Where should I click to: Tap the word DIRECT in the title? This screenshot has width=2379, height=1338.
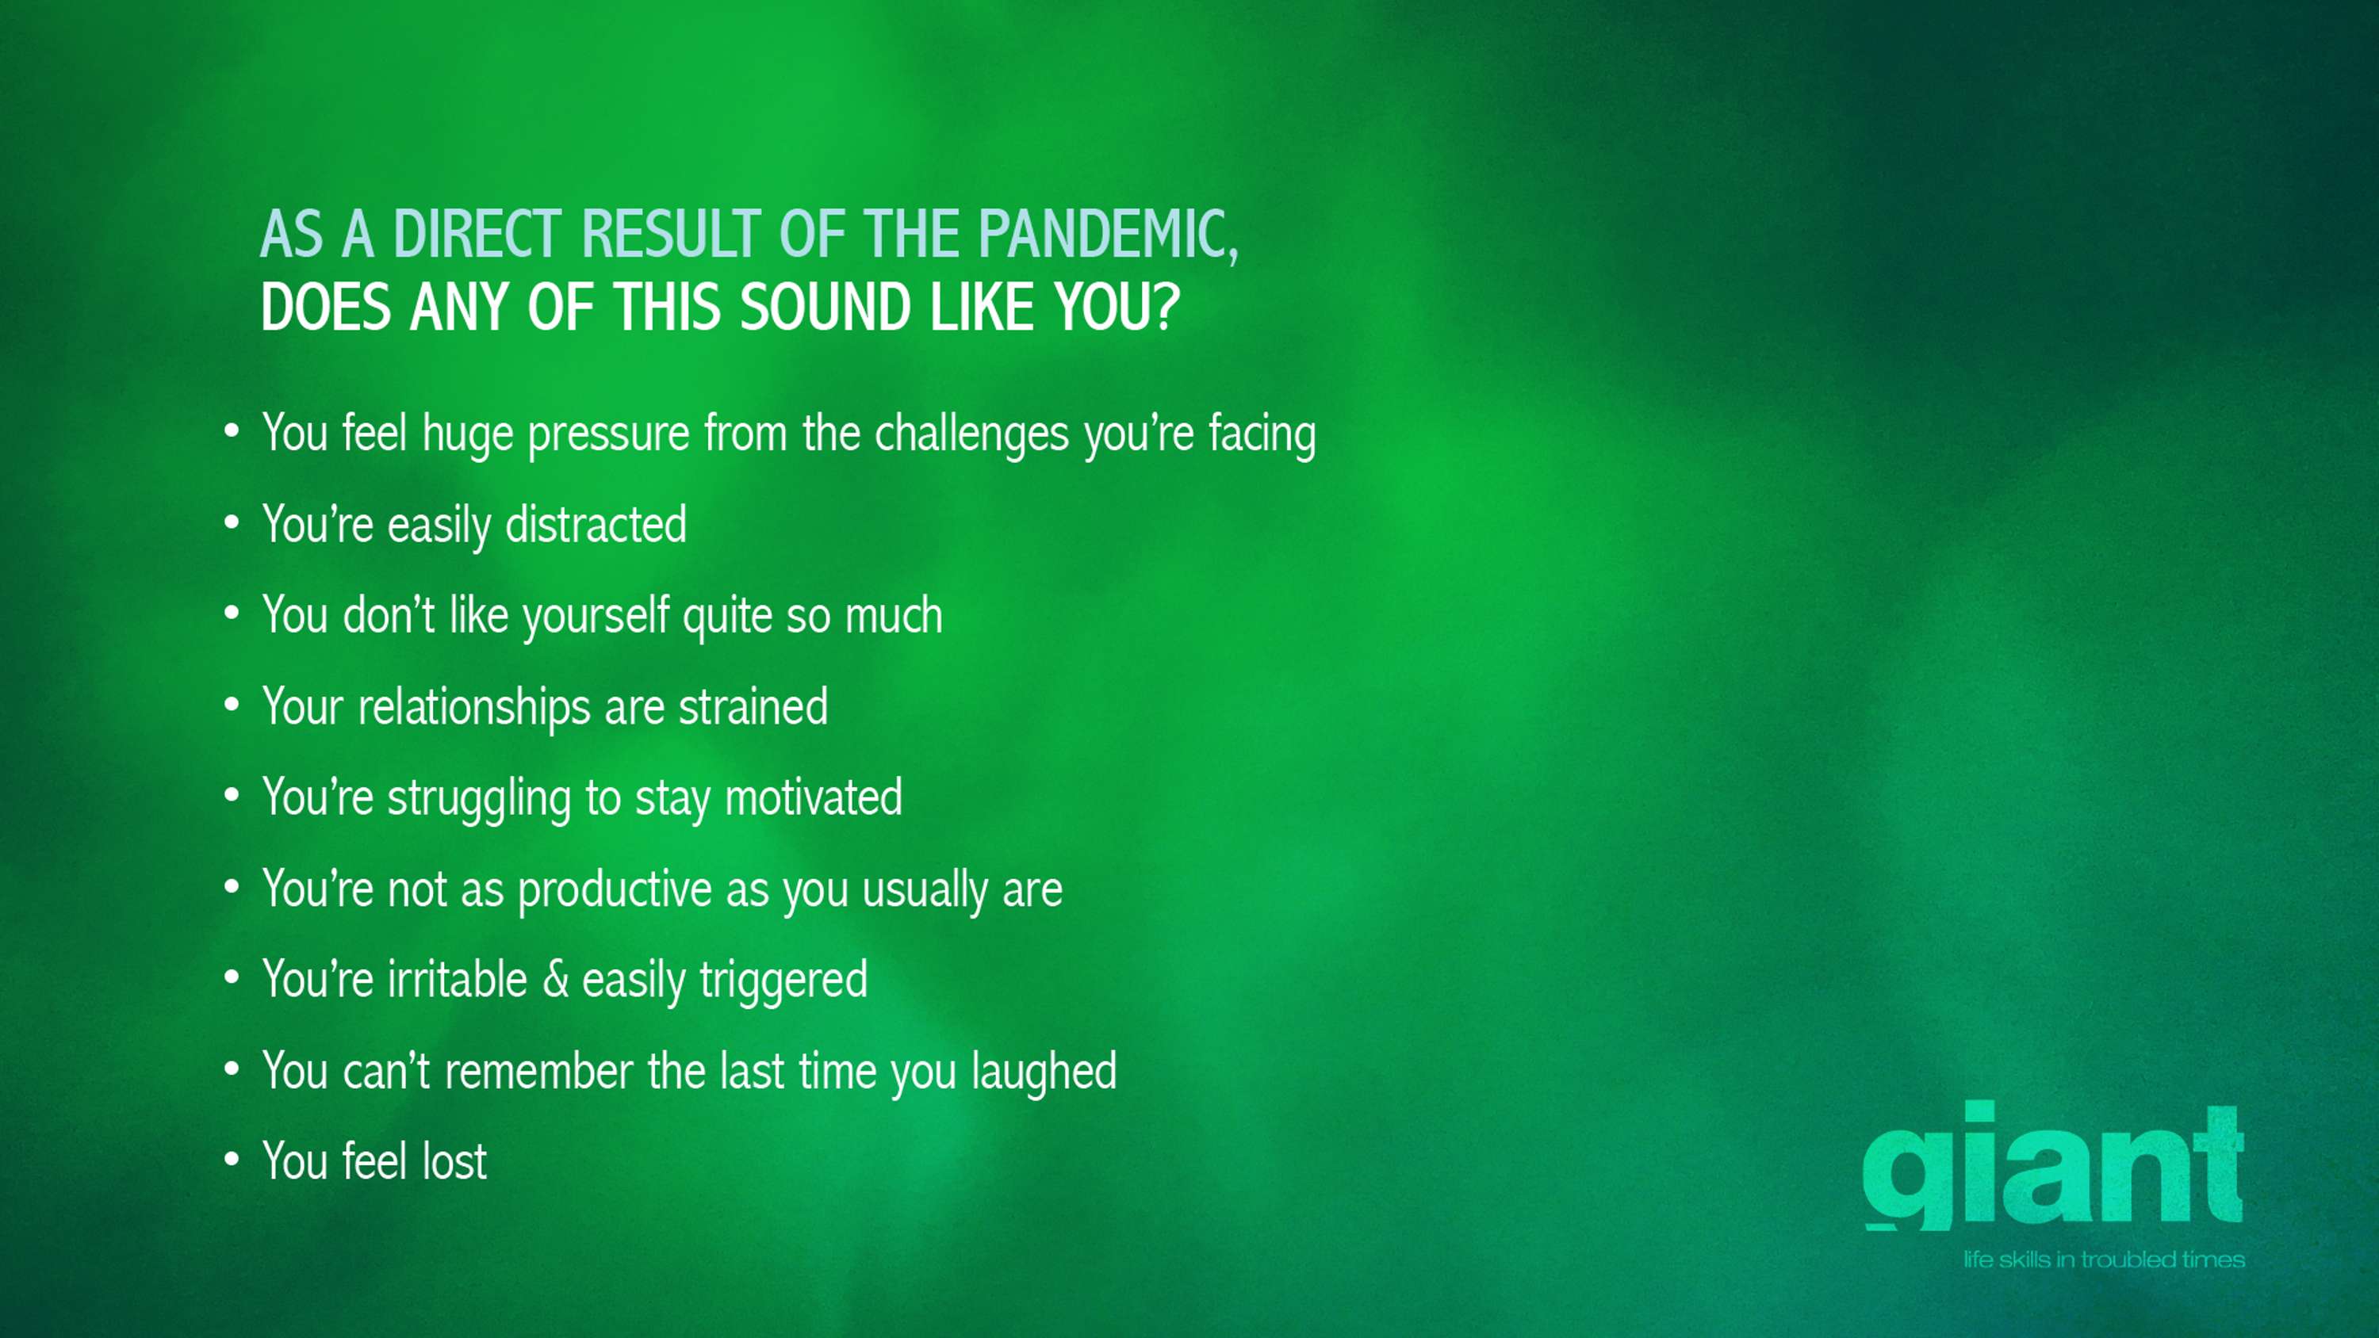click(477, 234)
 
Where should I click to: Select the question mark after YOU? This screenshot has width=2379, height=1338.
click(1167, 307)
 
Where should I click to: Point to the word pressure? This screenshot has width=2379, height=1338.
click(608, 435)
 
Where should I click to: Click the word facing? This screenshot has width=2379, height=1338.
click(1262, 435)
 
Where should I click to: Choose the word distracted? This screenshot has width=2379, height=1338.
click(596, 525)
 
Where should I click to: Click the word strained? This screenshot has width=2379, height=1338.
click(753, 707)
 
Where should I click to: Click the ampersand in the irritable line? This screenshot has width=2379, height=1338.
click(555, 979)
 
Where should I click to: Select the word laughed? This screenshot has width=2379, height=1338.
click(1044, 1072)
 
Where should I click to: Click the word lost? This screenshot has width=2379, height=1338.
click(454, 1161)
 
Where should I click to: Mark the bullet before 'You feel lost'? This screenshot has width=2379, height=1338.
click(232, 1159)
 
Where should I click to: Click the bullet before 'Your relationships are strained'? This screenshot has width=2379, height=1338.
click(232, 705)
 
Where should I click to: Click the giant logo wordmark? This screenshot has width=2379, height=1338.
click(2053, 1165)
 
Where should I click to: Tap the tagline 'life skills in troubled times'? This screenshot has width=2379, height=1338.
click(2104, 1260)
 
